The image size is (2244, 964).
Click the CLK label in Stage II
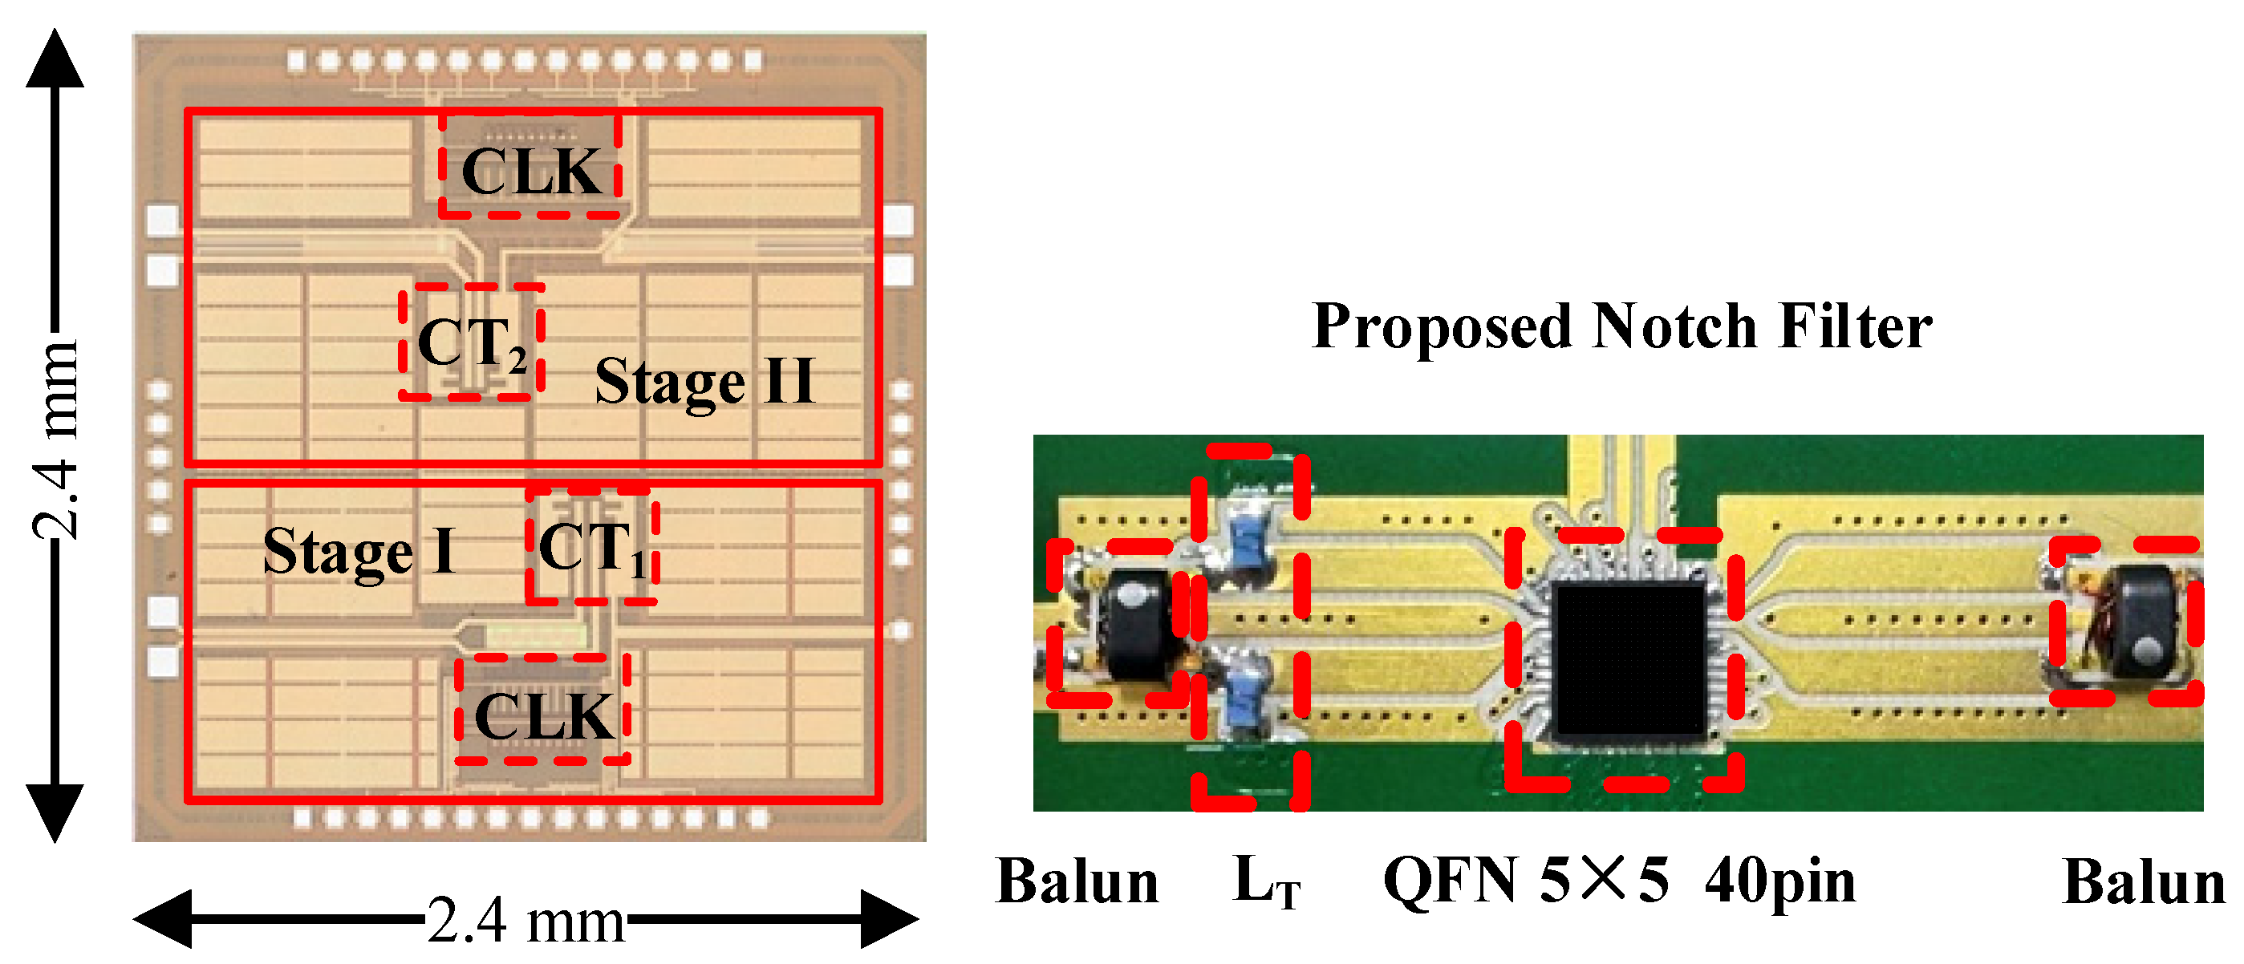pos(530,172)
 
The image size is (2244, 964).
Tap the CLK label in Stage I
pos(545,717)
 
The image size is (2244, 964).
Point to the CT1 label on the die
pos(591,548)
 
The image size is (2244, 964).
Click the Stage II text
pos(704,382)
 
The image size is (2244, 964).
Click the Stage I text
pos(359,551)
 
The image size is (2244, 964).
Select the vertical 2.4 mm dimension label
pos(54,439)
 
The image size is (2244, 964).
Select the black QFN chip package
pos(1627,660)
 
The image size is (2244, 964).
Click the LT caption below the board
pos(1266,882)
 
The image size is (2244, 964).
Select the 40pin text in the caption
pos(1779,882)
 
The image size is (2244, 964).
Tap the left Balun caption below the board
pos(1077,882)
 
